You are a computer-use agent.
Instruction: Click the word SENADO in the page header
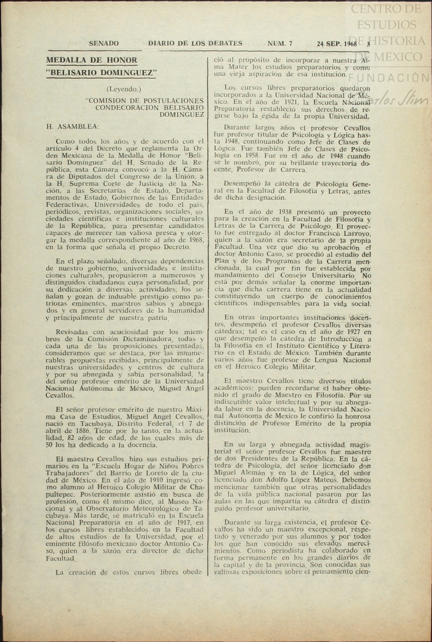click(x=104, y=44)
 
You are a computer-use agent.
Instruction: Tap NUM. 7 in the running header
click(x=280, y=44)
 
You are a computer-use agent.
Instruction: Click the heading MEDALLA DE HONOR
click(x=92, y=60)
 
